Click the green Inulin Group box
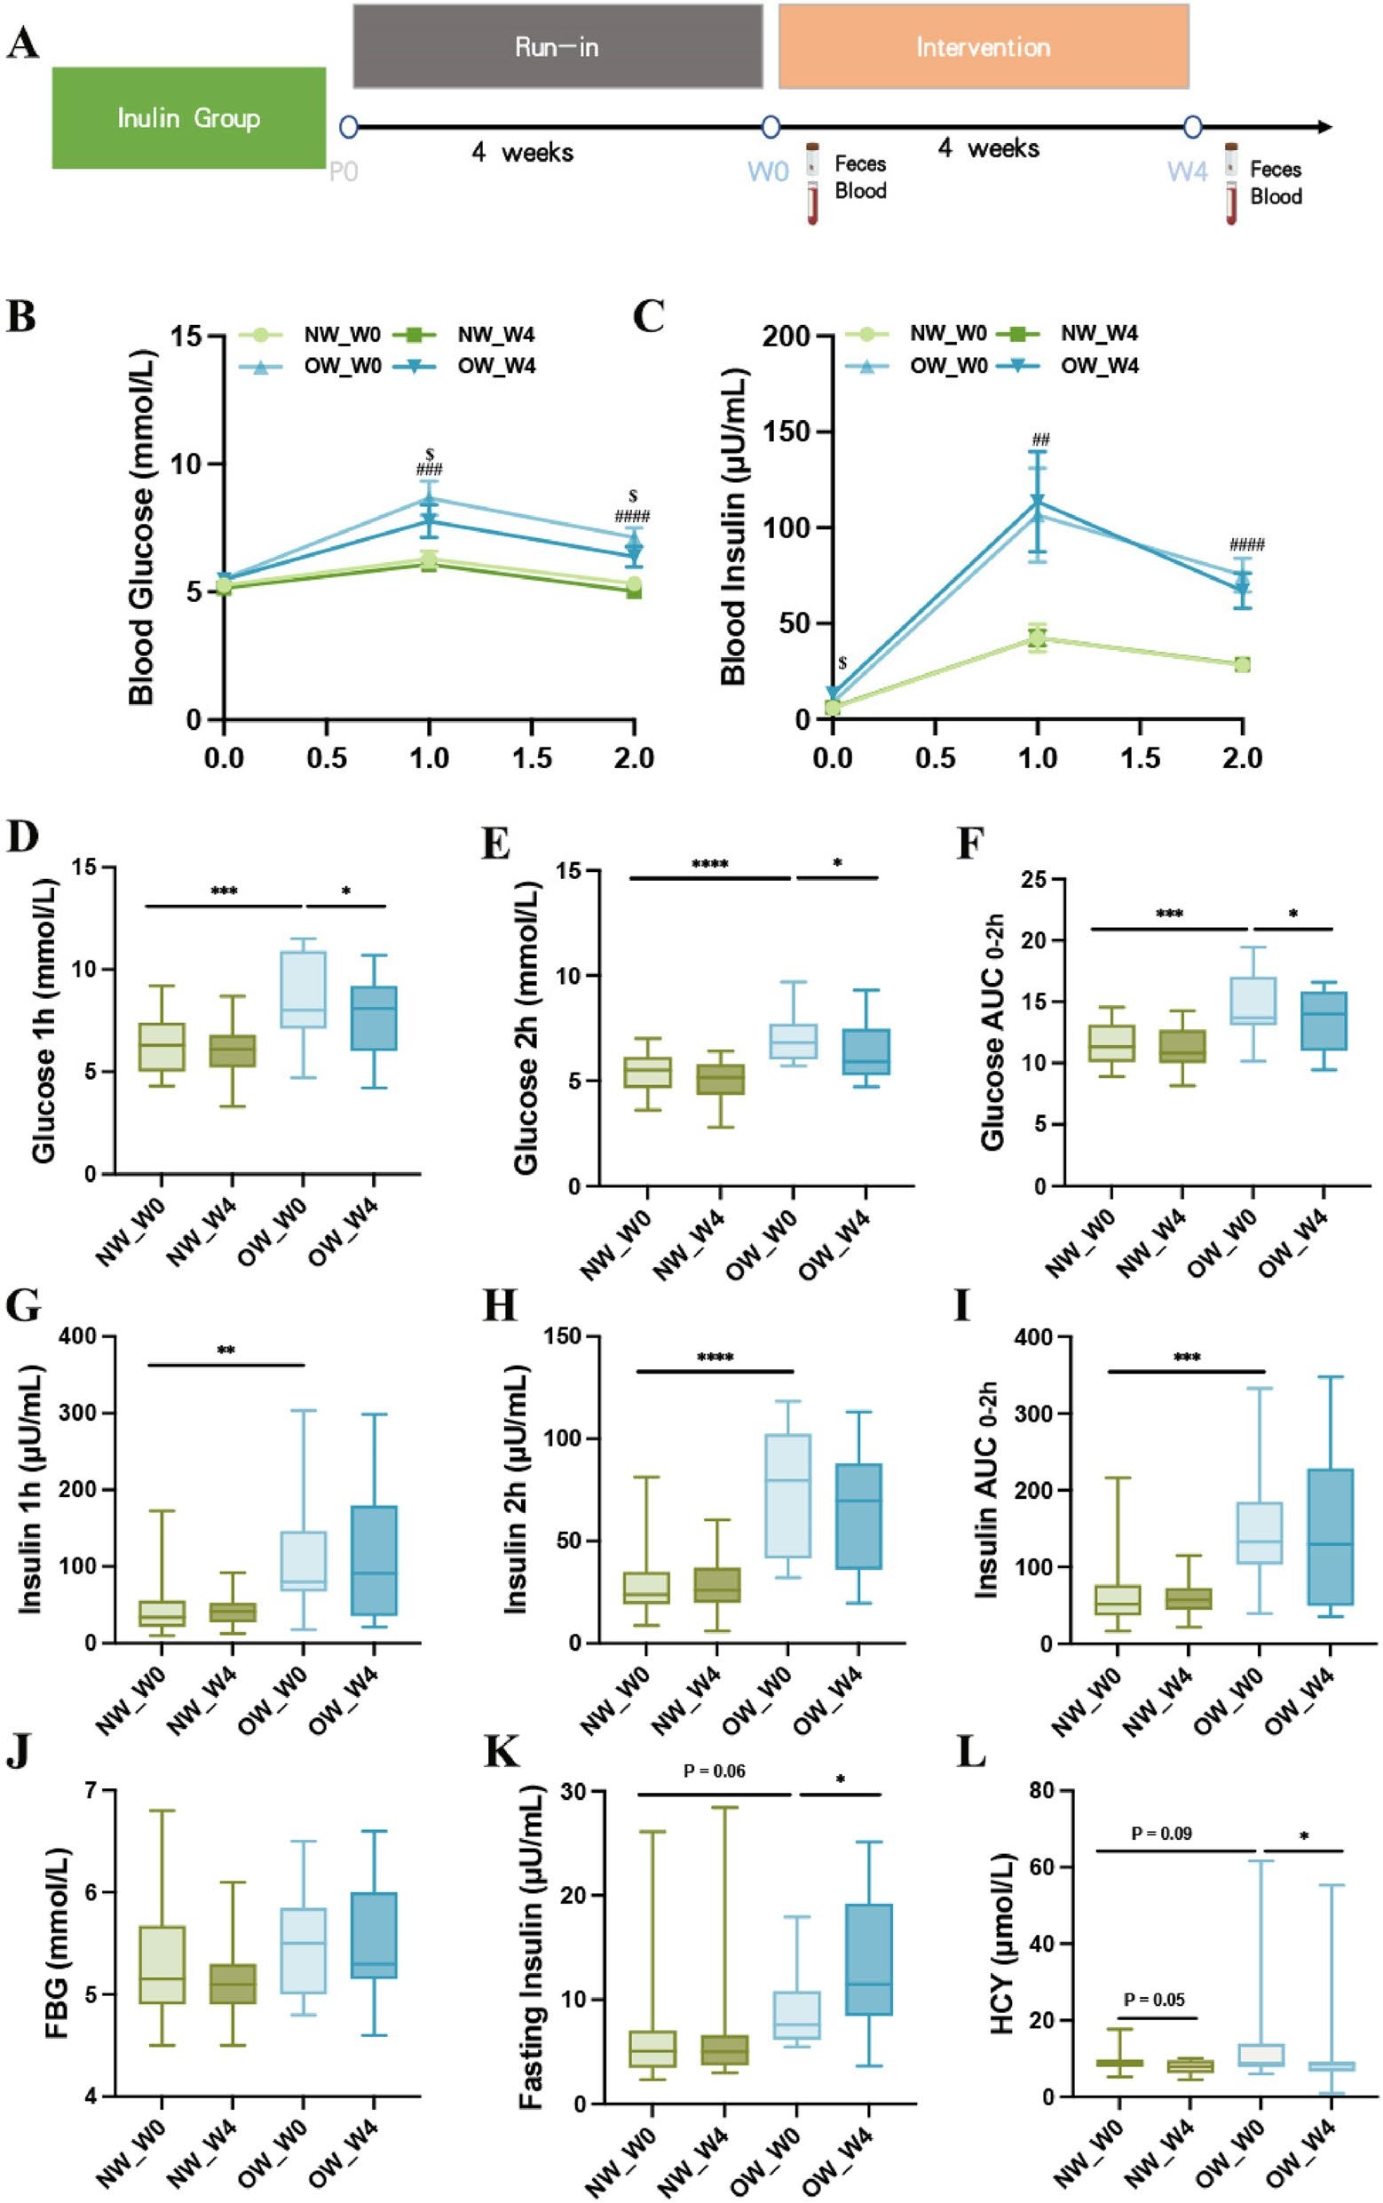(x=188, y=118)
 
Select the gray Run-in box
(x=557, y=47)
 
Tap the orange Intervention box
(x=984, y=47)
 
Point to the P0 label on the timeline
(x=343, y=172)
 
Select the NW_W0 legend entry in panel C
(x=946, y=334)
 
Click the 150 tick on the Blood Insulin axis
(x=788, y=432)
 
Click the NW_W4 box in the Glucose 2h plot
(x=721, y=1080)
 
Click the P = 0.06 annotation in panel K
(x=714, y=1771)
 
